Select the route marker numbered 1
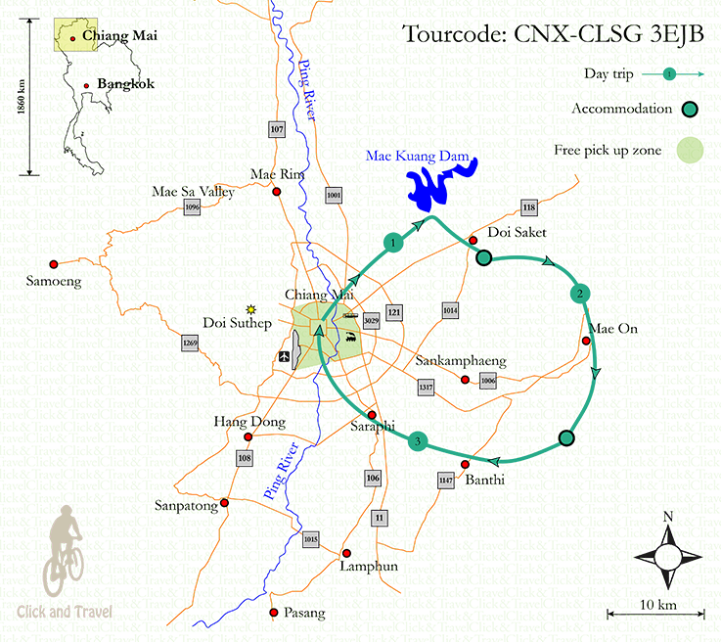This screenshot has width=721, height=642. (x=392, y=242)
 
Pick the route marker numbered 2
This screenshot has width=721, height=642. (x=580, y=294)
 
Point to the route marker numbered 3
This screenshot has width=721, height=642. (x=419, y=442)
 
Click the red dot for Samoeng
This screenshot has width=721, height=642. (x=54, y=263)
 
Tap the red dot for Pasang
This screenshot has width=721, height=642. (x=274, y=614)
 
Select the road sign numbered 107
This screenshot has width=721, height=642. (x=276, y=129)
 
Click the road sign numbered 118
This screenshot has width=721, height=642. (x=529, y=207)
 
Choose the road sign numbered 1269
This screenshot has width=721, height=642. (x=190, y=344)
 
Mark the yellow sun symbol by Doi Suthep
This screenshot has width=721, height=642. (x=251, y=308)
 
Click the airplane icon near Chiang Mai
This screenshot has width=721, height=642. (x=284, y=355)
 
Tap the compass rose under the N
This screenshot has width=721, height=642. (x=668, y=557)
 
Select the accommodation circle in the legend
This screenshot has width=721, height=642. (x=691, y=111)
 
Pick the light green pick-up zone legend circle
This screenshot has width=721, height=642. (x=691, y=151)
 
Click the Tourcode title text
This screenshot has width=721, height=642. (x=552, y=35)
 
